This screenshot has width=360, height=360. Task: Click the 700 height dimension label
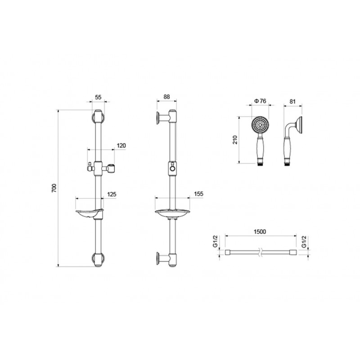(54, 188)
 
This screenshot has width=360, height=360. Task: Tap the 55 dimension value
(98, 97)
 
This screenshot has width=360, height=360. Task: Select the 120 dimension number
(121, 145)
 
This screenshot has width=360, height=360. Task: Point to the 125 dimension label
(112, 194)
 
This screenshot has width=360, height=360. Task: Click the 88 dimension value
(166, 97)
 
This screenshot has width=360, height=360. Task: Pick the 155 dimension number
(198, 194)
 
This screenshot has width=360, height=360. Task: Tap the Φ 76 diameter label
(260, 101)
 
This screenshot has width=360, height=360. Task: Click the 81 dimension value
(292, 102)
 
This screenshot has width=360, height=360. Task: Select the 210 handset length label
(235, 139)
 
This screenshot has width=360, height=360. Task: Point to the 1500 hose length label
(260, 232)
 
